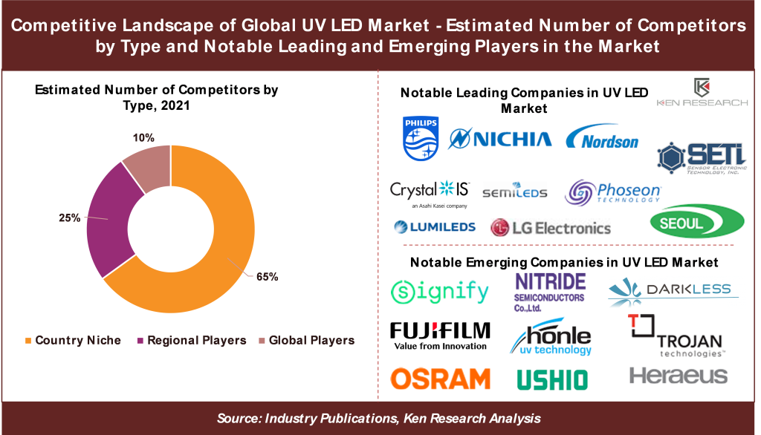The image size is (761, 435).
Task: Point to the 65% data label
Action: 267,277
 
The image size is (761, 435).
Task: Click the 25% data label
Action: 69,218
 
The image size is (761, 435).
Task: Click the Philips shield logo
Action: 421,138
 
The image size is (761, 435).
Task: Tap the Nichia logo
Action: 501,139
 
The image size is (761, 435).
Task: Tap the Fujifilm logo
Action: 440,335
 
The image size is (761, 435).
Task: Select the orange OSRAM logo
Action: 440,379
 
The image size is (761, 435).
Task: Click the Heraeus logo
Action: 678,376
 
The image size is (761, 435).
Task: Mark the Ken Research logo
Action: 702,94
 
